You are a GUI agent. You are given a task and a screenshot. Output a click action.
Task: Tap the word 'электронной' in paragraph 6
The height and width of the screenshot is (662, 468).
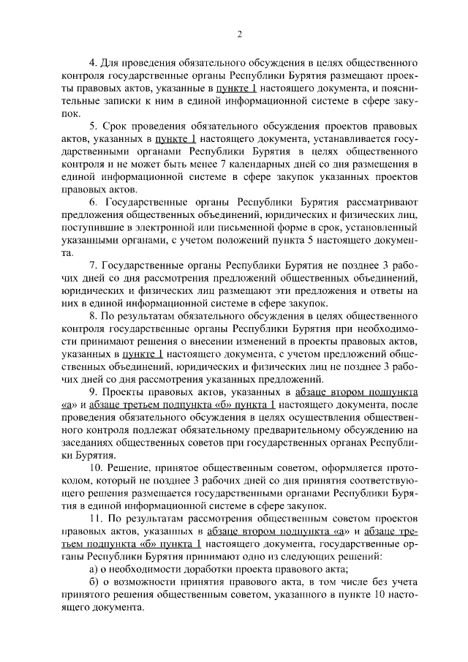coord(162,227)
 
